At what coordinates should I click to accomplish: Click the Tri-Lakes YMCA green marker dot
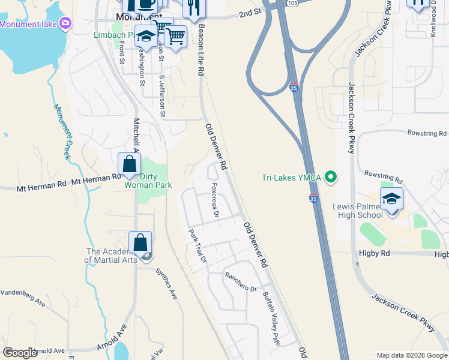330,177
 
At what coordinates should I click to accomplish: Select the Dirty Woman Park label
148,181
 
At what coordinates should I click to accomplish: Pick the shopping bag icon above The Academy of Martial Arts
140,243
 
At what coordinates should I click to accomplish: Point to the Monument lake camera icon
65,24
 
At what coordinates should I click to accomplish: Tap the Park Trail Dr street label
197,247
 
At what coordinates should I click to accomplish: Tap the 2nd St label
250,12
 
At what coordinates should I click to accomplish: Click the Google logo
20,353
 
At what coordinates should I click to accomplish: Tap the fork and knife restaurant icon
193,7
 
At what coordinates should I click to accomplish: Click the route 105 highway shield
292,3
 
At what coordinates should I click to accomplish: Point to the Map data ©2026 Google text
411,355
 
